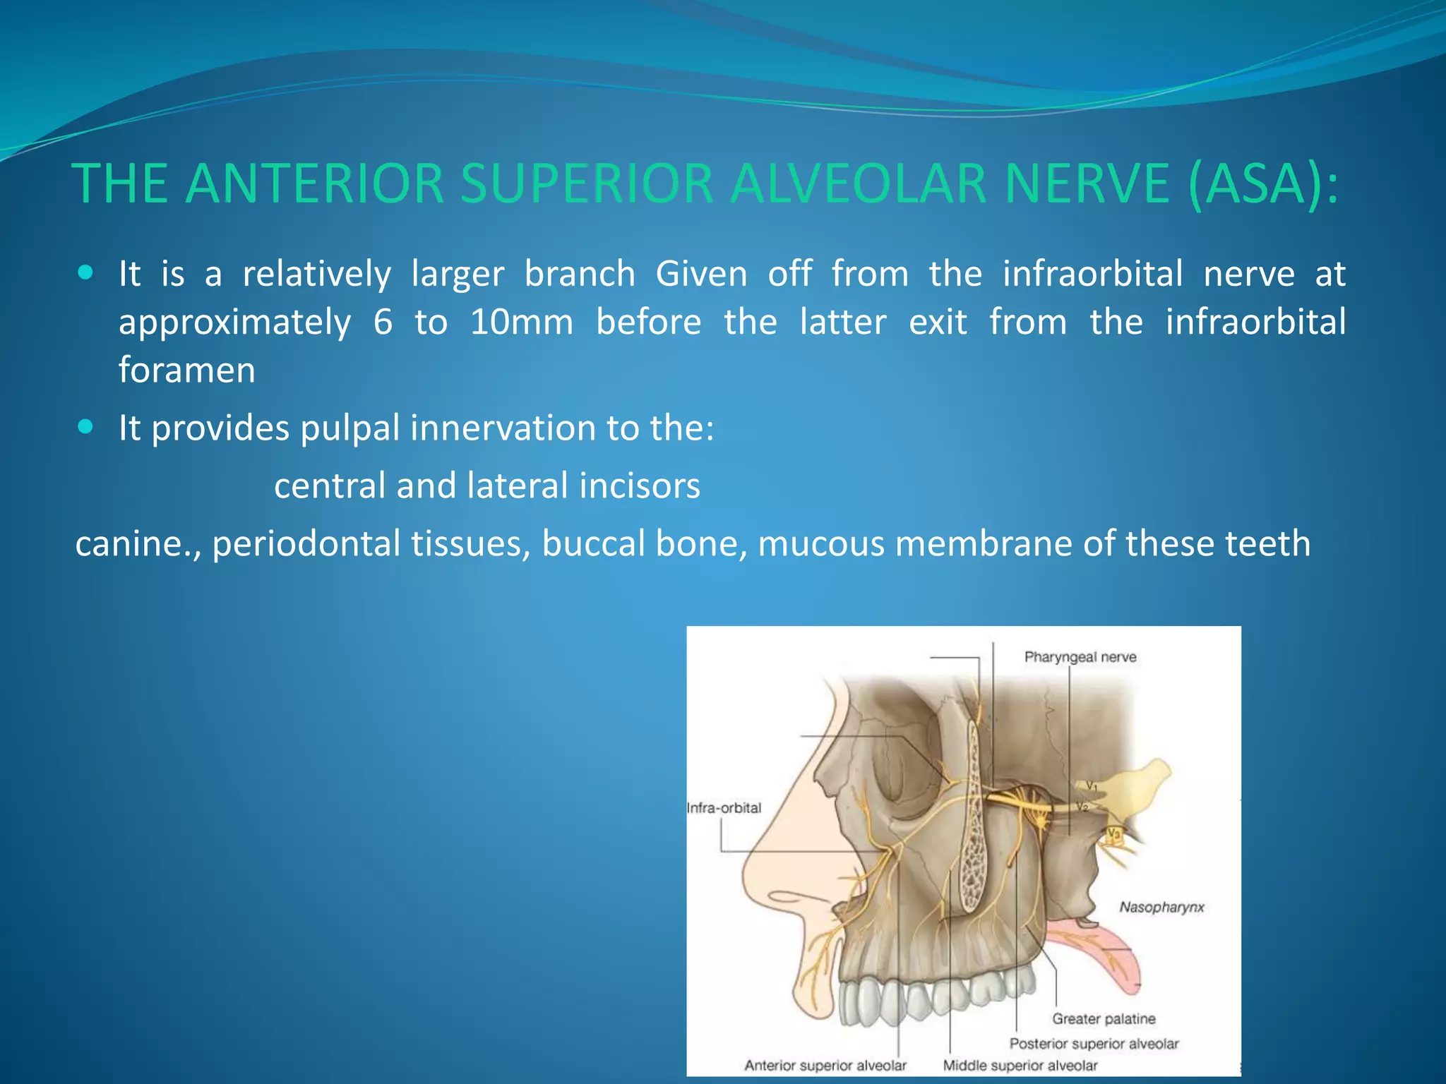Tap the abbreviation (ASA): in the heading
[x=1263, y=184]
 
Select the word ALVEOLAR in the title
[x=857, y=184]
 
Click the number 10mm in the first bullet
[x=521, y=323]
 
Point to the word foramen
[x=186, y=371]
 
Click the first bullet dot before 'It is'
[x=85, y=273]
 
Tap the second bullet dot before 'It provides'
[x=85, y=427]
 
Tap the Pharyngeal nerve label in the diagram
[x=1080, y=657]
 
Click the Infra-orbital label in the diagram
[x=724, y=808]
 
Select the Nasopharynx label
[x=1161, y=907]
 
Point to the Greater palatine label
[x=1104, y=1018]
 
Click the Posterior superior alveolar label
[x=1094, y=1043]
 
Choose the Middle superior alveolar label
[x=1020, y=1066]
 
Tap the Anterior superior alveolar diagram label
[x=825, y=1066]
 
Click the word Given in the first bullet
[x=700, y=275]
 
